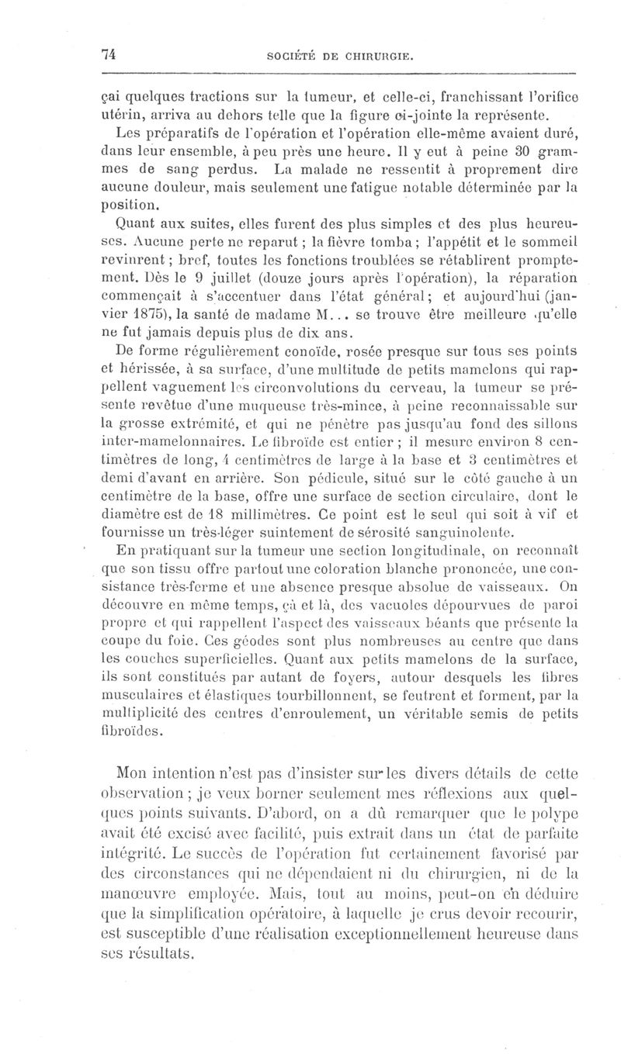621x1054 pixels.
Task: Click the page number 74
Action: [x=108, y=54]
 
